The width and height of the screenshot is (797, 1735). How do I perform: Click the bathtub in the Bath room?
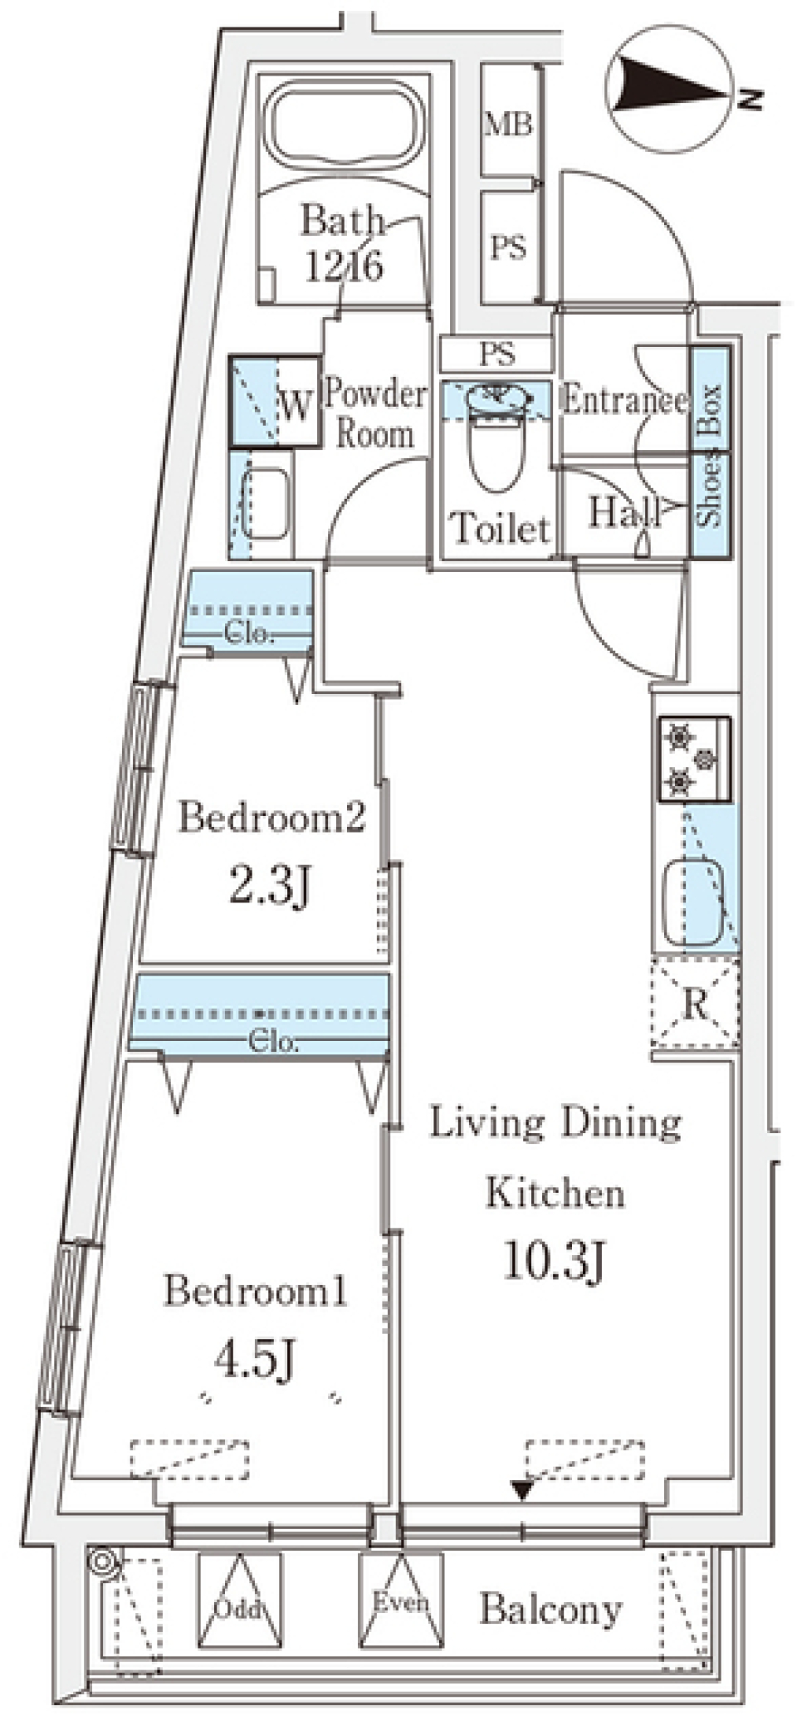pyautogui.click(x=345, y=129)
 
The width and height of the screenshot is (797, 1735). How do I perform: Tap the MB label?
pyautogui.click(x=508, y=125)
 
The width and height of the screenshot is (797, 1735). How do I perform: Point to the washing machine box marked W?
pyautogui.click(x=275, y=403)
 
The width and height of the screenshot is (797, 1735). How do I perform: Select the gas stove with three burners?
pyautogui.click(x=695, y=760)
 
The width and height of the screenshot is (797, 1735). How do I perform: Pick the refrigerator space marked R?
pyautogui.click(x=696, y=1002)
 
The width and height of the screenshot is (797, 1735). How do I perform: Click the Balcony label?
pyautogui.click(x=551, y=1610)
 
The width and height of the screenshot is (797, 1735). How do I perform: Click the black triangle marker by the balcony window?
pyautogui.click(x=522, y=1490)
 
